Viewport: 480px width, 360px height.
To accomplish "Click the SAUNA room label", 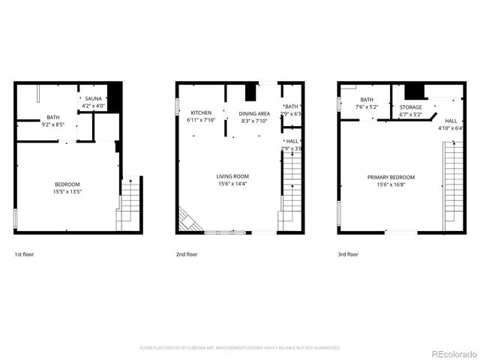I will [93, 99].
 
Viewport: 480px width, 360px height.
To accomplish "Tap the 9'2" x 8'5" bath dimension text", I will [53, 124].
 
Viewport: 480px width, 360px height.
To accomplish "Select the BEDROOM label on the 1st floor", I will [67, 184].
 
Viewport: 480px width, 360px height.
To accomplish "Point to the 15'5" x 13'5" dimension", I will [67, 192].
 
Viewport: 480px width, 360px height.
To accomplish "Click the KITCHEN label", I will [200, 112].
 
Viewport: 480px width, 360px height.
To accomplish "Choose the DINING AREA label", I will [253, 112].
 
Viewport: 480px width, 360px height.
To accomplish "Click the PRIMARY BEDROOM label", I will [391, 177].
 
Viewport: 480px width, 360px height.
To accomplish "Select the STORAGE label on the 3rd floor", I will [410, 107].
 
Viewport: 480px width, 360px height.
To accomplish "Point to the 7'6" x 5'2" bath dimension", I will [367, 107].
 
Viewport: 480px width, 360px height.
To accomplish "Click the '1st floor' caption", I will [24, 254].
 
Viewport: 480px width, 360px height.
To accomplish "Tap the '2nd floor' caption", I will [186, 254].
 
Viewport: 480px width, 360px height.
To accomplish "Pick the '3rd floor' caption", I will [348, 254].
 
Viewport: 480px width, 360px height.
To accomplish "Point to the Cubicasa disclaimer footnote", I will [240, 348].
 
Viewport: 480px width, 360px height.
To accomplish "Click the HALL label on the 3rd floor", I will [451, 121].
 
